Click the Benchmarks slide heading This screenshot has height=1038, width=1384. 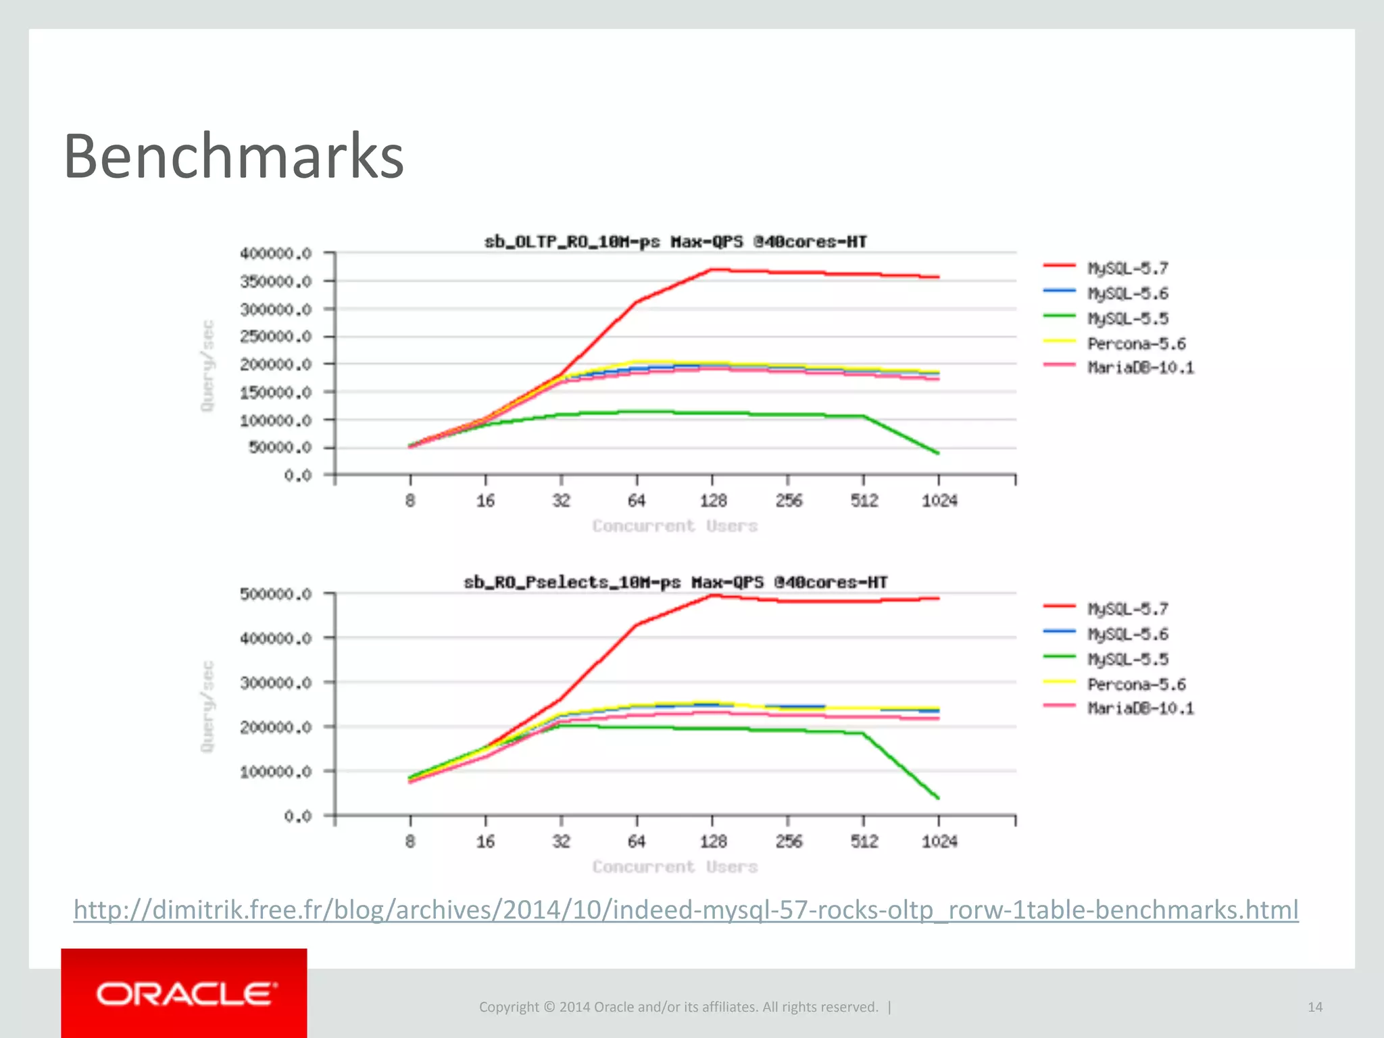tap(233, 157)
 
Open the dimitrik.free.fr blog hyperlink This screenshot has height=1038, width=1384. tap(685, 910)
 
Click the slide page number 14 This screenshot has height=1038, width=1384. tap(1314, 1007)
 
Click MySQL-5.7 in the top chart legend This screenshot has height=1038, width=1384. tap(1127, 268)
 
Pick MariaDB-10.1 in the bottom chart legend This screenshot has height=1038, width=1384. tap(1140, 708)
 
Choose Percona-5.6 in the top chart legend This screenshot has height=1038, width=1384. tap(1136, 343)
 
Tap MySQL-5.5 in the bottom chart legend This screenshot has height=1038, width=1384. tap(1127, 659)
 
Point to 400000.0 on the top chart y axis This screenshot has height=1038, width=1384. tap(276, 253)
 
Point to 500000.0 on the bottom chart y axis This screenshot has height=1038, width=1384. tap(276, 594)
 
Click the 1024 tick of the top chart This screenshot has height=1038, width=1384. tap(939, 501)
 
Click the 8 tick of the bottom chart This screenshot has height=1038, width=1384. tap(410, 841)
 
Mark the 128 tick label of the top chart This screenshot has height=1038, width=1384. tap(713, 501)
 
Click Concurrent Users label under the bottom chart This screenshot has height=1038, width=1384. tap(675, 866)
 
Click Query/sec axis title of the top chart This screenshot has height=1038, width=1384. tap(207, 365)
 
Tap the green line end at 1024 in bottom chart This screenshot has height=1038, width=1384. tap(938, 798)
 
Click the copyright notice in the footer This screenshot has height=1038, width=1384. tap(678, 1007)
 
